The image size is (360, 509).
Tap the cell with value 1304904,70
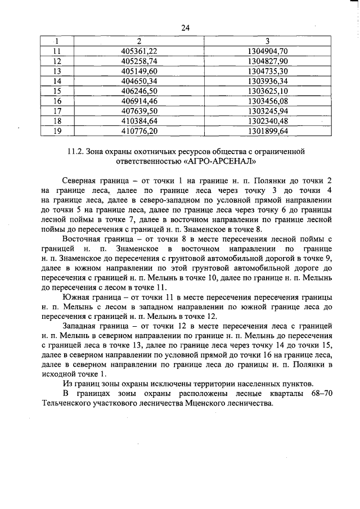click(268, 51)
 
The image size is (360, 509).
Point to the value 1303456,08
click(268, 101)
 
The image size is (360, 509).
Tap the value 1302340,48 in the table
click(268, 121)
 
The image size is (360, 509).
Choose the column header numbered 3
click(268, 40)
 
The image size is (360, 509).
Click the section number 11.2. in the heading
click(75, 152)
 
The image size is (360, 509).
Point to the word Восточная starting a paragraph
click(83, 238)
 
